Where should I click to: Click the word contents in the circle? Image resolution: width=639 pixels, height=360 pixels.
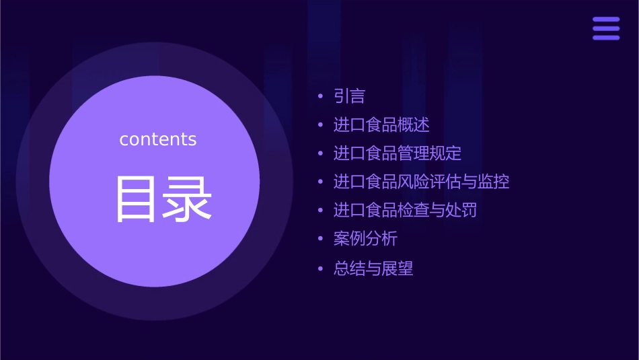tap(158, 139)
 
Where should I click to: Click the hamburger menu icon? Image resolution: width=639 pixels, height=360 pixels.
tap(606, 29)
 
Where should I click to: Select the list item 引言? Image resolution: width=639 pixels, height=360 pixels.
tap(350, 97)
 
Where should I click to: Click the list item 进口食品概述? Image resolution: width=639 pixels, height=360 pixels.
tap(381, 125)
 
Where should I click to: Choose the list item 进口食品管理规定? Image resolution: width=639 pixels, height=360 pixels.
tap(398, 153)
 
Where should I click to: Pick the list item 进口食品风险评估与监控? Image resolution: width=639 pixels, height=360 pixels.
tap(422, 182)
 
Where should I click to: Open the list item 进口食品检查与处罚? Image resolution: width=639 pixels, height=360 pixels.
tap(406, 211)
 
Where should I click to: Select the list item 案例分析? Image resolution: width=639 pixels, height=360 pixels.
tap(366, 239)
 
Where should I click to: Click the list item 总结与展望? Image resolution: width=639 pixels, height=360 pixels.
tap(373, 269)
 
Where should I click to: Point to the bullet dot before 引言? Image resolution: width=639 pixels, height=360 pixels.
tap(322, 97)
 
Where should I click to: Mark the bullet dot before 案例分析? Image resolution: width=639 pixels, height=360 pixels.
tap(322, 240)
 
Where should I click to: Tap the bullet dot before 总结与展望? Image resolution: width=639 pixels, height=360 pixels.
tap(322, 269)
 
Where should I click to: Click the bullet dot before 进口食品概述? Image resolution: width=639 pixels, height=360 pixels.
tap(322, 125)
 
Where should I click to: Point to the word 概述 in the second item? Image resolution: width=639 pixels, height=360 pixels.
tap(414, 125)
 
